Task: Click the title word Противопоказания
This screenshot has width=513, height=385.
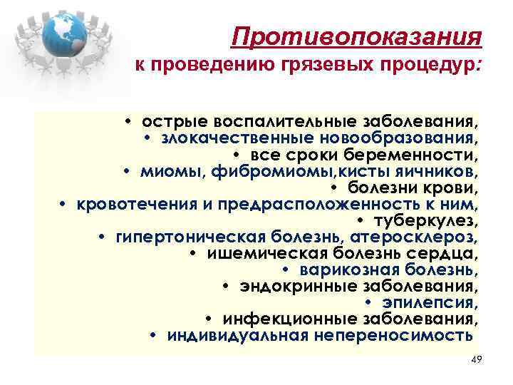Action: (x=358, y=36)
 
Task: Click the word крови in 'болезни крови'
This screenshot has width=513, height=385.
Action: (x=450, y=188)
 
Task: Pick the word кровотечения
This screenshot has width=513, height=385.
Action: (x=128, y=205)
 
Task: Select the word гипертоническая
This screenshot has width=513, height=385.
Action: (x=182, y=237)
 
